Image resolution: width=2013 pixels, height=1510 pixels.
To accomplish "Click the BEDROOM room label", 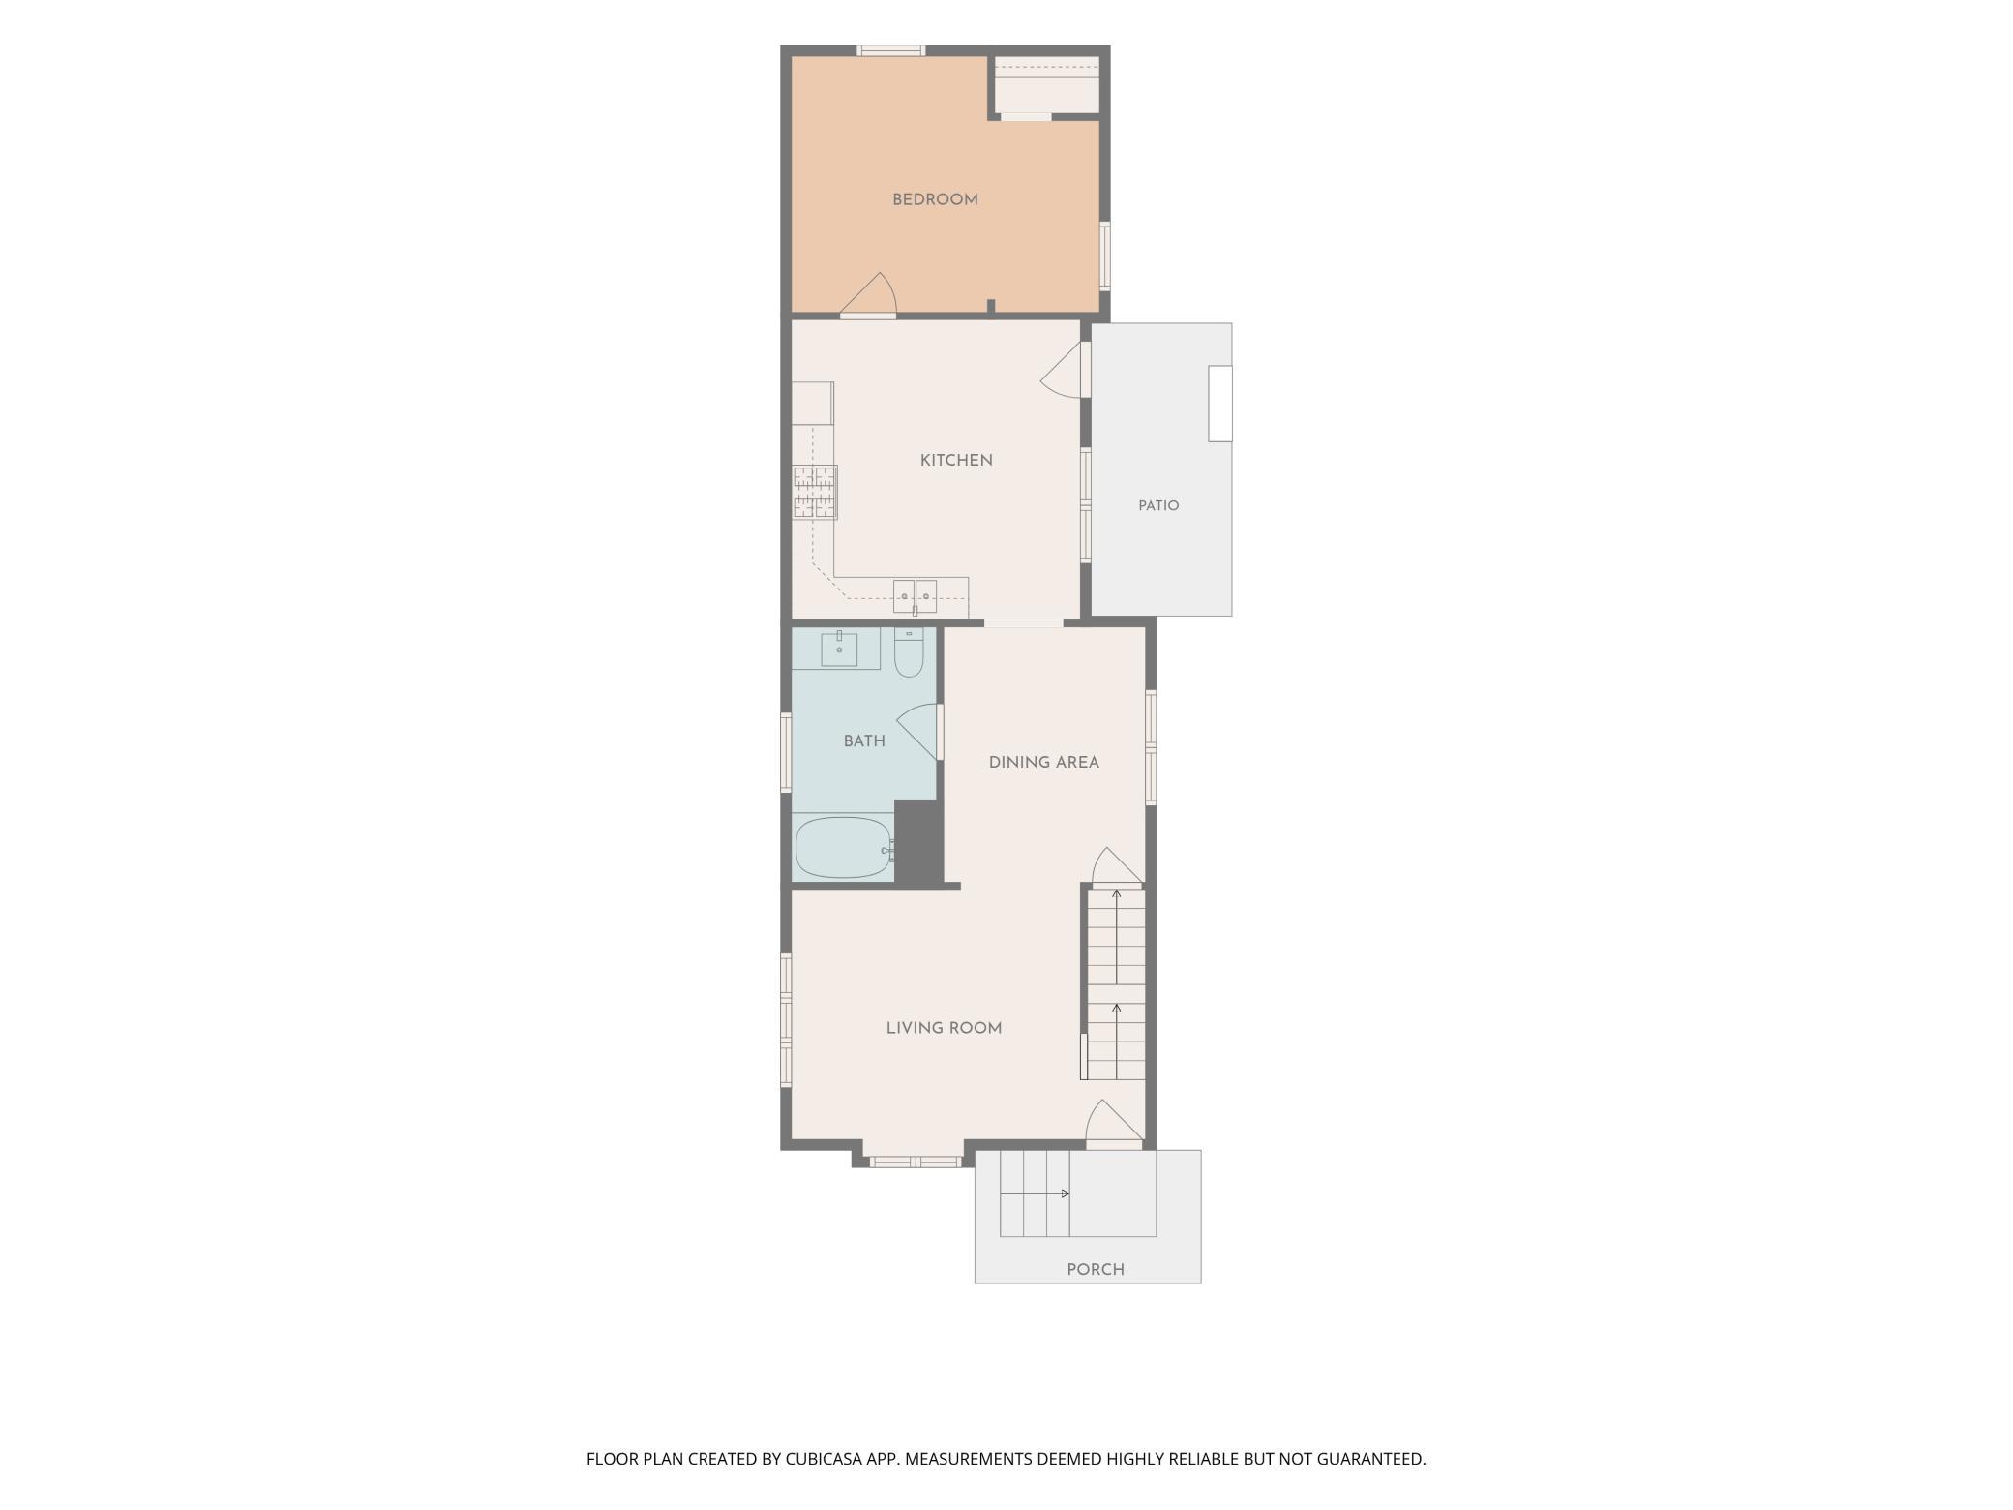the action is tap(935, 200).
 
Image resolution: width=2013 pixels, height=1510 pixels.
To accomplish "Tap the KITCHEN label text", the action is tap(956, 461).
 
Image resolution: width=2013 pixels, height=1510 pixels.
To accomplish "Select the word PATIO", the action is tap(1158, 506).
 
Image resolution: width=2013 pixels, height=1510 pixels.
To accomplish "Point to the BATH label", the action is tap(864, 741).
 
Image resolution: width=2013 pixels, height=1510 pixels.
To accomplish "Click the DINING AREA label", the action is tap(1044, 763).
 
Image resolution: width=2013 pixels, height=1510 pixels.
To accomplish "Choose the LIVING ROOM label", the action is tap(944, 1028).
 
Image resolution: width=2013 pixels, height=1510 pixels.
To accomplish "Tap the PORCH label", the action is tap(1096, 1270).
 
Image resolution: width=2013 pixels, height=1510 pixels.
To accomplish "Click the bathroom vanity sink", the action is tap(839, 649).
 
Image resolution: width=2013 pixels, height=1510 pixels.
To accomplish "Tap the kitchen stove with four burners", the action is tap(815, 493).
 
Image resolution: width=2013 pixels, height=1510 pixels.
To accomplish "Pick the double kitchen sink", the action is tap(915, 596).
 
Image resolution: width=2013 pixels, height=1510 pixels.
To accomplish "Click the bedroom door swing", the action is tap(869, 295).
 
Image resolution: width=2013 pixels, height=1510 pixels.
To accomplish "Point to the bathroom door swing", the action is tap(919, 732).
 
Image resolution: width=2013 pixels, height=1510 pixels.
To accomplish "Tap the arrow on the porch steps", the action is tap(1035, 1193).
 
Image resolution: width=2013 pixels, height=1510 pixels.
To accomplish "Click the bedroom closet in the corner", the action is tap(1047, 85).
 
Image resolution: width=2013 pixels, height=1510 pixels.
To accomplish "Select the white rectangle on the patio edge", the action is tap(1219, 404).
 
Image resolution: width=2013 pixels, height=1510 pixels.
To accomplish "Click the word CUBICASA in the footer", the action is tap(827, 1459).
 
